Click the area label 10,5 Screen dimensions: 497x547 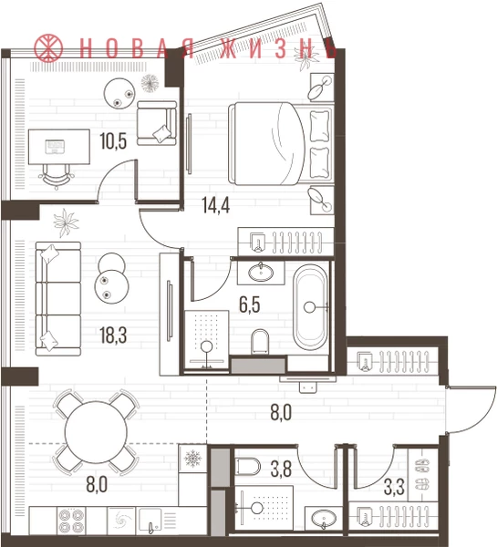click(x=113, y=141)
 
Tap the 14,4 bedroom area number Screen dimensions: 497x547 click(x=216, y=205)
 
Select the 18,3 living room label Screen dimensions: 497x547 click(x=113, y=335)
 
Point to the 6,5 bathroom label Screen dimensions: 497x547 click(x=250, y=304)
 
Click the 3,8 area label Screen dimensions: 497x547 click(x=281, y=470)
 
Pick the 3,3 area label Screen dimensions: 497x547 click(x=394, y=488)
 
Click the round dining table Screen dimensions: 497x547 click(x=96, y=432)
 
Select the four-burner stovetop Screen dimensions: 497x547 click(x=71, y=521)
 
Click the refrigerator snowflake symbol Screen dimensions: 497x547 click(x=192, y=458)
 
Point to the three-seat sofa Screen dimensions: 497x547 click(x=58, y=299)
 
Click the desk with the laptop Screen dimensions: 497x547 click(x=59, y=147)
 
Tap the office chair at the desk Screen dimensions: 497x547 click(x=57, y=177)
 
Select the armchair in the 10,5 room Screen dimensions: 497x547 click(x=157, y=123)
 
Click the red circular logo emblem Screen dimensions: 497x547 click(x=48, y=47)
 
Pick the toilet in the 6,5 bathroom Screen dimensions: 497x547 click(x=260, y=341)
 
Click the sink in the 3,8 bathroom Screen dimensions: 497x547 click(x=324, y=518)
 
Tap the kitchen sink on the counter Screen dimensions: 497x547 click(x=150, y=521)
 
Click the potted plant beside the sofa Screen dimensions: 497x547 click(x=66, y=222)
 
